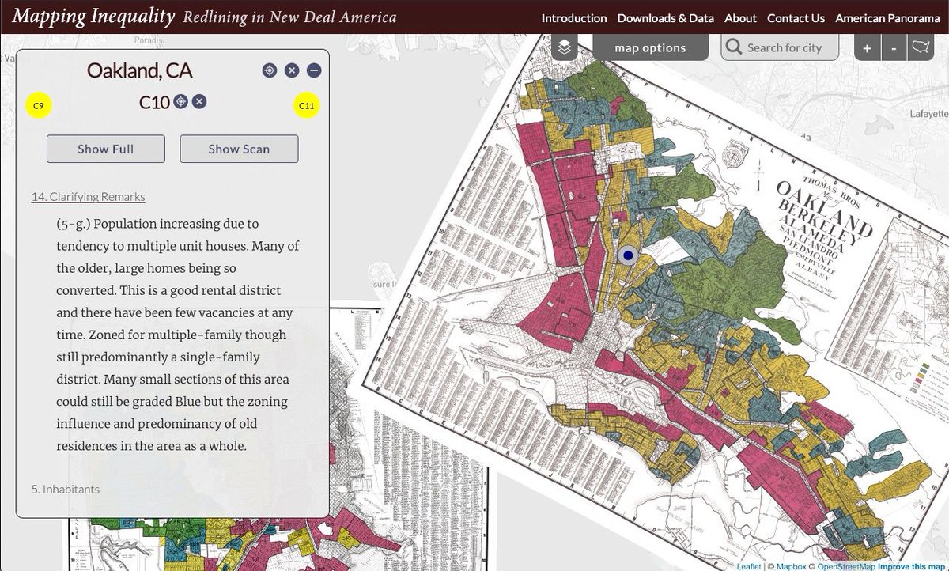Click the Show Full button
(106, 149)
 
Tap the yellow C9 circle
(39, 105)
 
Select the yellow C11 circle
(306, 105)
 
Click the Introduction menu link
(573, 17)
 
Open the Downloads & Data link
(665, 17)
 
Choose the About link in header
(740, 17)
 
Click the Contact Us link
(796, 17)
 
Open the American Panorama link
(887, 17)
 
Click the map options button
(650, 47)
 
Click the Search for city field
(784, 47)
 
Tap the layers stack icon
(564, 47)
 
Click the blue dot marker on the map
(629, 255)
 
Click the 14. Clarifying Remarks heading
(88, 197)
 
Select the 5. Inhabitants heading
(66, 489)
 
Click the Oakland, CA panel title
(139, 70)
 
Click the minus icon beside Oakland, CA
(314, 70)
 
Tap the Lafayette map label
(928, 114)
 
